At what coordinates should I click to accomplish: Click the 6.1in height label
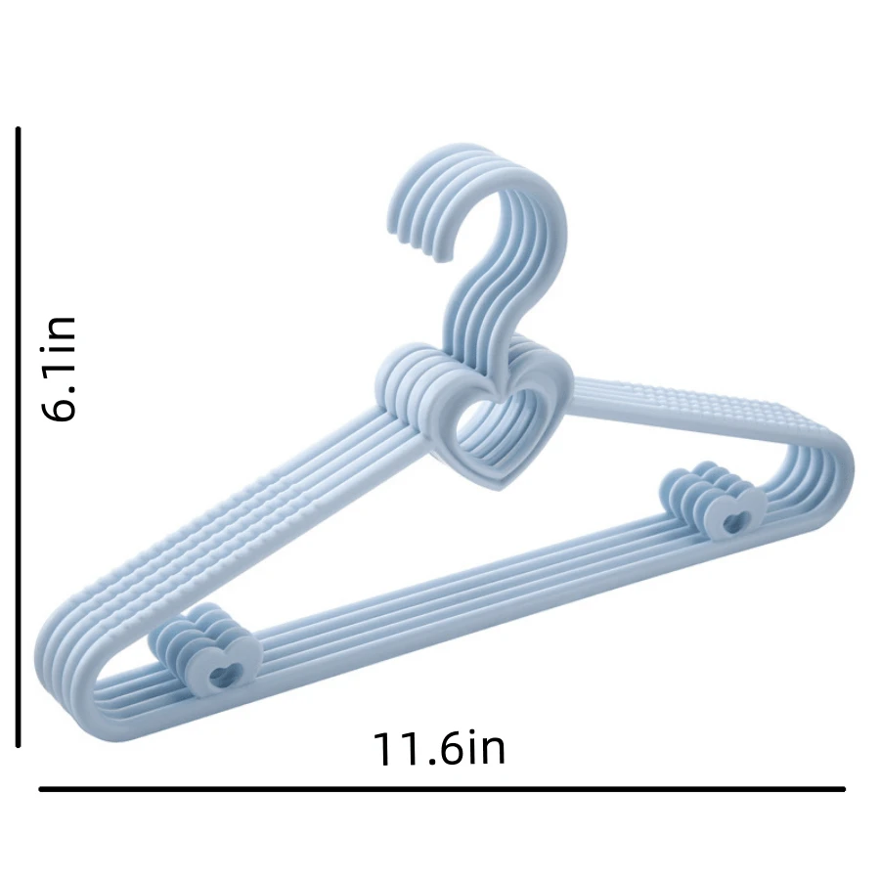pos(59,369)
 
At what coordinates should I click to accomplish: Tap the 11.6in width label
pos(439,748)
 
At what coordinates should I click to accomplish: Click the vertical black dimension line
pos(19,437)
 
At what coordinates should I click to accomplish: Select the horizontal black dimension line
pos(442,789)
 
